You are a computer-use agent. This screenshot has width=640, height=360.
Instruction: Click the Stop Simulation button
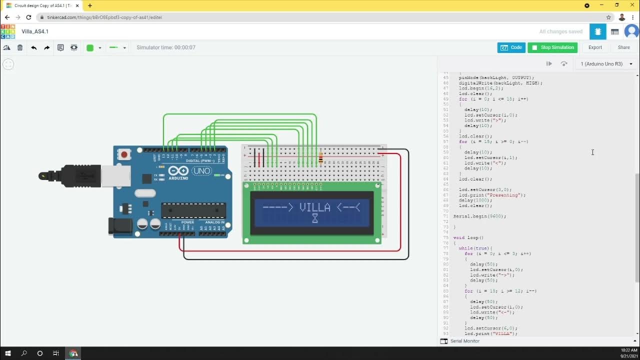552,47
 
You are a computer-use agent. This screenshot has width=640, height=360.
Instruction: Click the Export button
595,47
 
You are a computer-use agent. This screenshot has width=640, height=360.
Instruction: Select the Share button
623,47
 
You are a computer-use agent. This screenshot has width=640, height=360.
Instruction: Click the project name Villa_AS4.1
35,31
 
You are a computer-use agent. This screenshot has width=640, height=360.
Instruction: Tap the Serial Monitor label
464,341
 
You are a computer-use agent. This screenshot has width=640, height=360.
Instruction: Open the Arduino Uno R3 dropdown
606,64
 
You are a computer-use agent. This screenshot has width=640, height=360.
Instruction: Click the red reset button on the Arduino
124,155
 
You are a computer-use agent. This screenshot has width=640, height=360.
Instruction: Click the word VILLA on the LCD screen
314,207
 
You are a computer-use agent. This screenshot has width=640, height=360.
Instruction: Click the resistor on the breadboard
320,159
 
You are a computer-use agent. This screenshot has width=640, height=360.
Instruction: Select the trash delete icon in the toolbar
20,47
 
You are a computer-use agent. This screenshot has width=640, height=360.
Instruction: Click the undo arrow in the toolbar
33,47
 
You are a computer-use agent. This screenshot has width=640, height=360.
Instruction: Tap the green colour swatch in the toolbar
90,48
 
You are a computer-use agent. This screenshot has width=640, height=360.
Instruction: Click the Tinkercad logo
7,31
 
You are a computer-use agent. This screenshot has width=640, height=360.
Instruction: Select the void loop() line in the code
468,237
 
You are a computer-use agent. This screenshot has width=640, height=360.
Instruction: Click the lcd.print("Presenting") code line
492,195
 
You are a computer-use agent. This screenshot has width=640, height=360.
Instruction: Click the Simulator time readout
166,47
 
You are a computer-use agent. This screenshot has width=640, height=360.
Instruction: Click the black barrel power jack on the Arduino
120,226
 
